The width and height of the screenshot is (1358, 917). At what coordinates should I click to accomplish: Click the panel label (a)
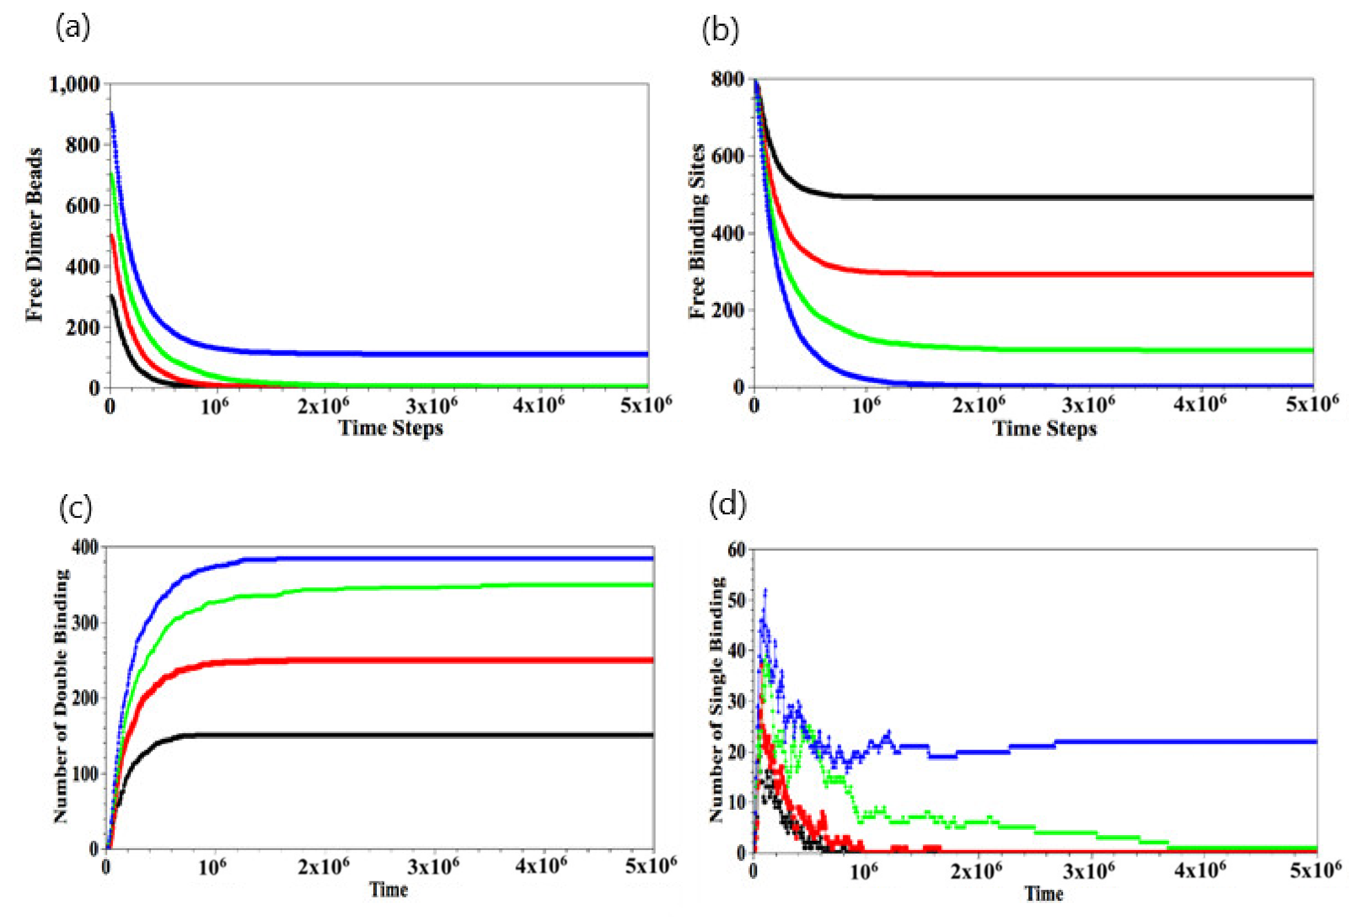coord(73,28)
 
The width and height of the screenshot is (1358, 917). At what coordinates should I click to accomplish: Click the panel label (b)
coord(719,30)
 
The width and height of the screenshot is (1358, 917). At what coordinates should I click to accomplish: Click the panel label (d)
coord(727,504)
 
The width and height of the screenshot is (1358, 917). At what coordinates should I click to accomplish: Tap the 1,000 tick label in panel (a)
coord(75,85)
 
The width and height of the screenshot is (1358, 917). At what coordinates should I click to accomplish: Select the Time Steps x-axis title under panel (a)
coord(390,428)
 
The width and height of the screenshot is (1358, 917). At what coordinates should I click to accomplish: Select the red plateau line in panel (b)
coord(1110,274)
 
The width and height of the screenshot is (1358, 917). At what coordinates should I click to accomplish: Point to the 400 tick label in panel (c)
coord(85,548)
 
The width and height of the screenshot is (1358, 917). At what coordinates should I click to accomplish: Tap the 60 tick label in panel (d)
coord(736,550)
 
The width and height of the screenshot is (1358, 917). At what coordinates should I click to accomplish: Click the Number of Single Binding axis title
coord(717,699)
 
